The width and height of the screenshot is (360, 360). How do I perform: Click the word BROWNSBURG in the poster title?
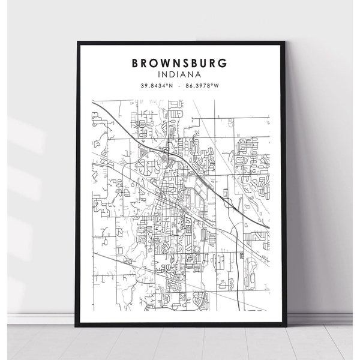pyautogui.click(x=180, y=62)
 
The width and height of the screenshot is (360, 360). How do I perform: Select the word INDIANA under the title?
pyautogui.click(x=180, y=74)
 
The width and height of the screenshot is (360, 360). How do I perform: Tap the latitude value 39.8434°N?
pyautogui.click(x=157, y=86)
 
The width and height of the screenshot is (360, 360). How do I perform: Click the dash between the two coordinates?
pyautogui.click(x=181, y=86)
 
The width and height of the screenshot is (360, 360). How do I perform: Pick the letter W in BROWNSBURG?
pyautogui.click(x=158, y=62)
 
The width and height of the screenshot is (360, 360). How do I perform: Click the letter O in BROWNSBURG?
pyautogui.click(x=149, y=62)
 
